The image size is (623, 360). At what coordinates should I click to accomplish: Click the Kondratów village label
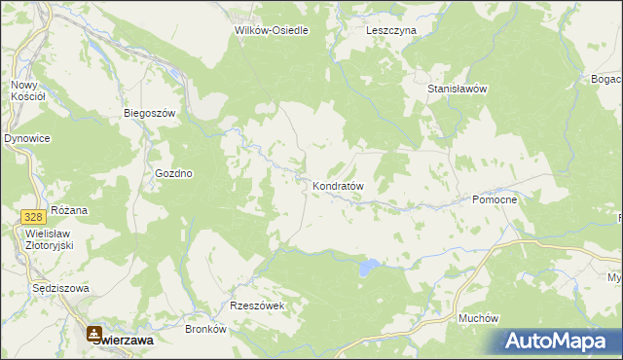pyautogui.click(x=338, y=185)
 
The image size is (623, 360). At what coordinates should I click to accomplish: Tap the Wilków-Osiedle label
pyautogui.click(x=272, y=30)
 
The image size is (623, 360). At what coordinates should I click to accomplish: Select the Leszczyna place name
pyautogui.click(x=391, y=30)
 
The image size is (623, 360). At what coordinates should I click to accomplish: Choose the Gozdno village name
pyautogui.click(x=174, y=173)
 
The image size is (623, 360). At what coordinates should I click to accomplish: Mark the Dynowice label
pyautogui.click(x=27, y=139)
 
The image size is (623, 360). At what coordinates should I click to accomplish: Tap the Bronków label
pyautogui.click(x=205, y=329)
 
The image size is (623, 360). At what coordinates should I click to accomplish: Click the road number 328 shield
pyautogui.click(x=33, y=214)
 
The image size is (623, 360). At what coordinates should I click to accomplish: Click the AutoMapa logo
pyautogui.click(x=556, y=342)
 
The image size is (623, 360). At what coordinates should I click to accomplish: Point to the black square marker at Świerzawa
pyautogui.click(x=95, y=331)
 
